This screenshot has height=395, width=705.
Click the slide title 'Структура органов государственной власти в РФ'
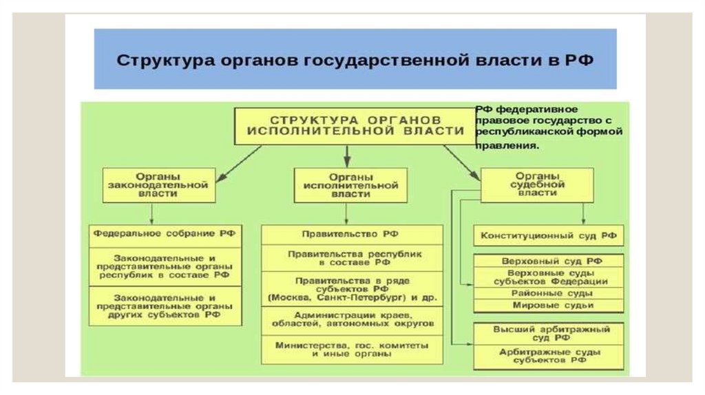[355, 59]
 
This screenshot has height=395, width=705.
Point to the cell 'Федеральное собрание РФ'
[165, 233]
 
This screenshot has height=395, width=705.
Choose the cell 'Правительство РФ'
[351, 234]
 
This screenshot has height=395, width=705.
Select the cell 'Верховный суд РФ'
[549, 261]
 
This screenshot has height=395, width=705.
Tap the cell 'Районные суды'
[549, 293]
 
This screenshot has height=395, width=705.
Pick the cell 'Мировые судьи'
[549, 305]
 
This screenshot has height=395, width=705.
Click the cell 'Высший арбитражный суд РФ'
[549, 334]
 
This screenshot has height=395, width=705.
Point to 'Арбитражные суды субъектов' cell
[549, 356]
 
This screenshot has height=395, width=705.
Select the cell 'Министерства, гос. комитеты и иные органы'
[351, 349]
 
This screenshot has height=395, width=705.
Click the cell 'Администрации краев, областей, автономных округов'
[351, 319]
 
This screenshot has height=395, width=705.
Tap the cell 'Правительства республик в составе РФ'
[351, 258]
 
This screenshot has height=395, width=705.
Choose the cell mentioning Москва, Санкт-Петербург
[351, 289]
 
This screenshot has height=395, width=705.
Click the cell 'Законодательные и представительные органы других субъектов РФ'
[165, 305]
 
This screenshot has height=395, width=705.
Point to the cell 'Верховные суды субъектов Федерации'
[549, 277]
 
